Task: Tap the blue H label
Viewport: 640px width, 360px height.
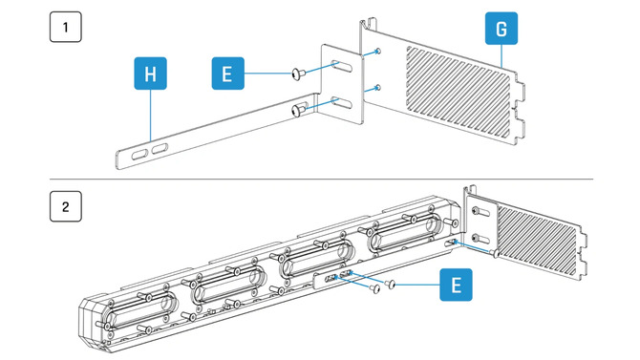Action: [x=148, y=74]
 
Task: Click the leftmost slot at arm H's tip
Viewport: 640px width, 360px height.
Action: [x=139, y=153]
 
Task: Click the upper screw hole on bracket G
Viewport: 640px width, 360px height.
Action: [x=379, y=52]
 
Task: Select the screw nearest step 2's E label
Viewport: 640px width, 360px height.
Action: [x=391, y=285]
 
